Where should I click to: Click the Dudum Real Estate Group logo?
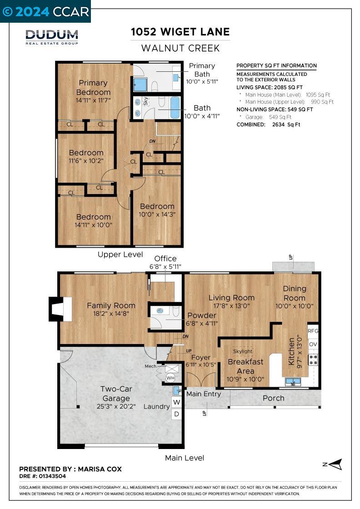[52, 37]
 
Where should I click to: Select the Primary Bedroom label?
[93, 88]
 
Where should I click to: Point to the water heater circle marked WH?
[170, 378]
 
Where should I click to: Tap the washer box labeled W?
[177, 402]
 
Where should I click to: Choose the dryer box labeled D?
[177, 414]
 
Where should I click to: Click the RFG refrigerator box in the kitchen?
[313, 331]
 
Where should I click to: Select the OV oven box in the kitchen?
[313, 344]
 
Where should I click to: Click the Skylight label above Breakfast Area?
[242, 351]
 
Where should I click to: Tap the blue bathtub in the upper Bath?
[175, 107]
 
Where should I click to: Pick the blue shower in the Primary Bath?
[140, 85]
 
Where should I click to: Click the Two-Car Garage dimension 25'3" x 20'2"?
[116, 406]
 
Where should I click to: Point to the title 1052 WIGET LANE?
[180, 32]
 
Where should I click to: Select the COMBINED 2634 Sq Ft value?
[286, 125]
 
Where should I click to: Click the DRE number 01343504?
[52, 476]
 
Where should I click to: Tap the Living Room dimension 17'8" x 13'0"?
[231, 306]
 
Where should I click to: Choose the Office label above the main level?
[165, 259]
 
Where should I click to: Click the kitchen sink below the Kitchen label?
[294, 382]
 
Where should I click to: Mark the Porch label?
[273, 398]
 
